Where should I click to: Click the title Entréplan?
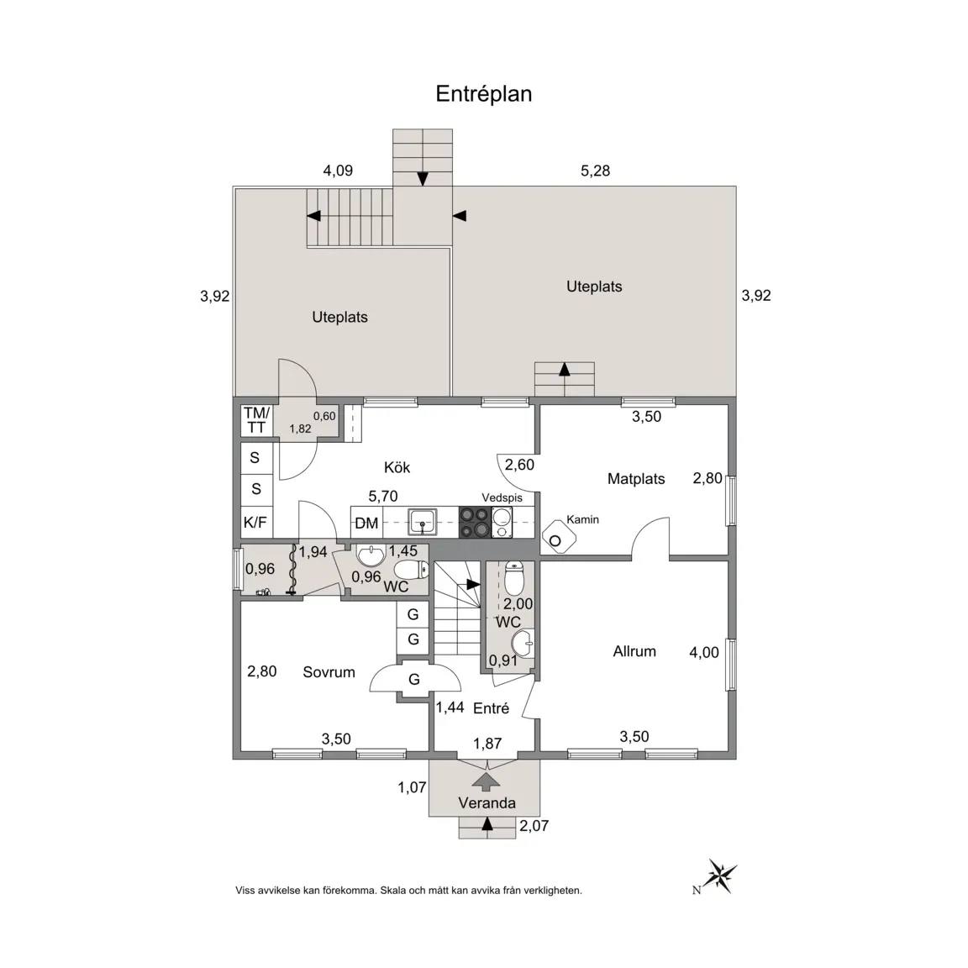[483, 94]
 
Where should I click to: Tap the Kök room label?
[397, 467]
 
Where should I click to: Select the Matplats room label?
[636, 479]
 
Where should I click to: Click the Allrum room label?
[634, 651]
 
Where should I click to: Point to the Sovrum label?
[329, 672]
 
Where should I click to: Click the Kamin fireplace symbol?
[558, 535]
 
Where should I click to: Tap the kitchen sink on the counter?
[423, 523]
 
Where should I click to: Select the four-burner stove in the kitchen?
[475, 523]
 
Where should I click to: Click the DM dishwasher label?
[366, 523]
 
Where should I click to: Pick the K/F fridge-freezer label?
[255, 523]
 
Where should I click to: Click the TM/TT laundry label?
[256, 420]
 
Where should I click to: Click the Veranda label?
[487, 803]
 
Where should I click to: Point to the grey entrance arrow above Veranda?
[487, 781]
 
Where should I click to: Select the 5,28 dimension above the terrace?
[595, 171]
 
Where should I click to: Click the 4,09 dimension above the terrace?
[338, 171]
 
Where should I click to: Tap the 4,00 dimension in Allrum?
[704, 653]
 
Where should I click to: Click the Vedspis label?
[502, 497]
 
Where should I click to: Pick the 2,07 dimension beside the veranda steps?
[534, 826]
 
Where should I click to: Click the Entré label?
[491, 708]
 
